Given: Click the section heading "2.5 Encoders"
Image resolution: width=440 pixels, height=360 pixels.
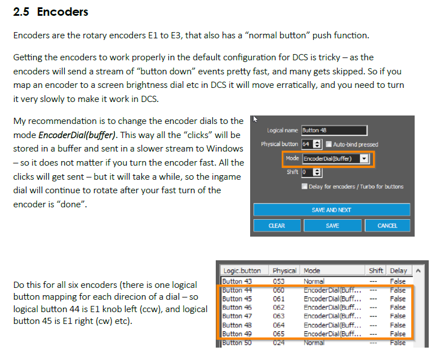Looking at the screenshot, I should click(x=51, y=12).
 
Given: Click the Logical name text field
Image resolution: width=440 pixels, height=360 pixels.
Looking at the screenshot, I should click(x=334, y=130).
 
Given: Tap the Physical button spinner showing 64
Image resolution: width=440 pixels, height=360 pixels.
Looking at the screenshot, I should click(x=312, y=144).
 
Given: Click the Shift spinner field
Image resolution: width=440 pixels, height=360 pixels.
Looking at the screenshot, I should click(x=311, y=172).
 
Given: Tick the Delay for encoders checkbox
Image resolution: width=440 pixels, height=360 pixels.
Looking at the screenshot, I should click(x=305, y=186).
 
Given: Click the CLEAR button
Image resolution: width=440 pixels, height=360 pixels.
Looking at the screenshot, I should click(x=277, y=225).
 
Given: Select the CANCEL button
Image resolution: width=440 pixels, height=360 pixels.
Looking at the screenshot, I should click(x=387, y=225).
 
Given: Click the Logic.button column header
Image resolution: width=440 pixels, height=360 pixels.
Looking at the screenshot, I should click(x=242, y=270).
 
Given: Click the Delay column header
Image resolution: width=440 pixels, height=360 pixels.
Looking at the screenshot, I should click(x=398, y=270).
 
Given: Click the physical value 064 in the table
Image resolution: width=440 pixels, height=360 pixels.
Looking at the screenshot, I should click(x=279, y=325).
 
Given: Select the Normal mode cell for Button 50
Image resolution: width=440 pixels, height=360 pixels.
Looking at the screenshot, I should click(x=314, y=343).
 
